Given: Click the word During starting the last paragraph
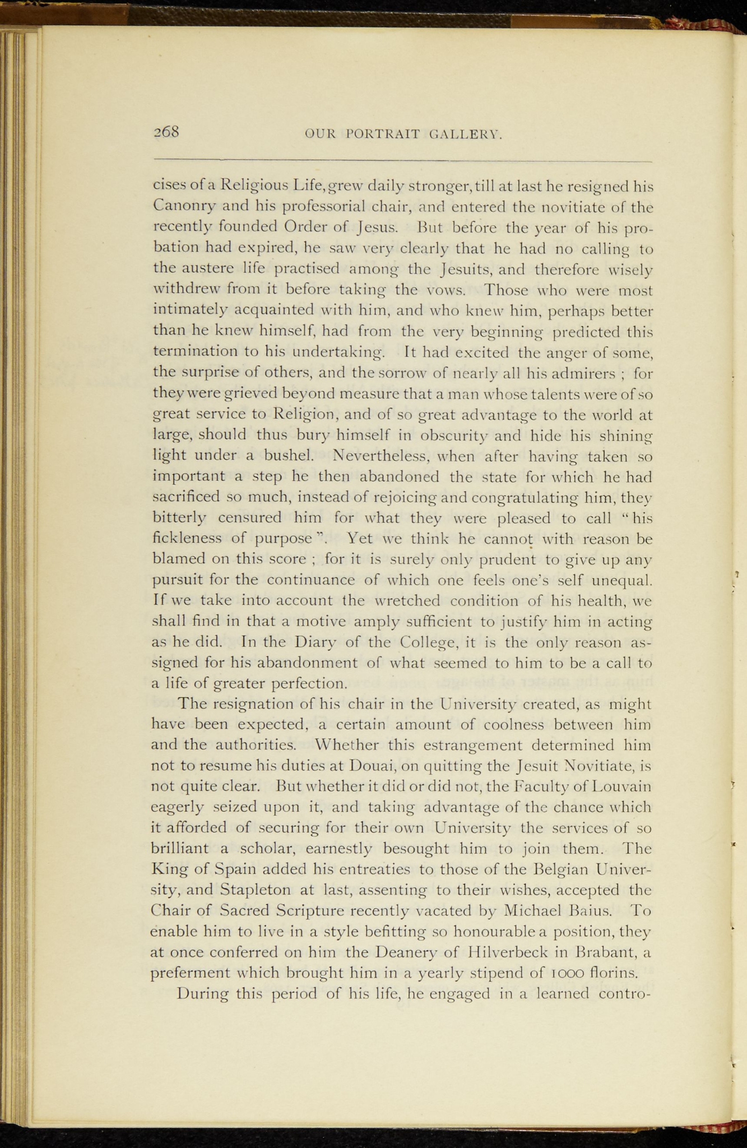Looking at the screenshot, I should [201, 994].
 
